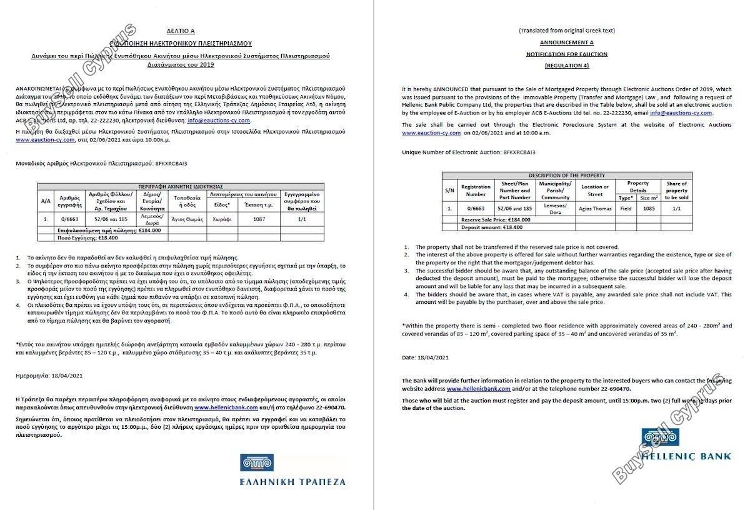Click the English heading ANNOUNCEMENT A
pos(566,42)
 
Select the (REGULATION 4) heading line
pos(566,66)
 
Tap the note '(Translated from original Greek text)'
pos(566,31)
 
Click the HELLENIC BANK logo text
pos(687,456)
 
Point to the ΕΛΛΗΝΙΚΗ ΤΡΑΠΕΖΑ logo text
pos(292,481)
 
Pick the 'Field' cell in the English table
pos(625,208)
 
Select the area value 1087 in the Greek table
pos(259,219)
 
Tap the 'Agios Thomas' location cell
pos(594,208)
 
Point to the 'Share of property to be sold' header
pos(676,191)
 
